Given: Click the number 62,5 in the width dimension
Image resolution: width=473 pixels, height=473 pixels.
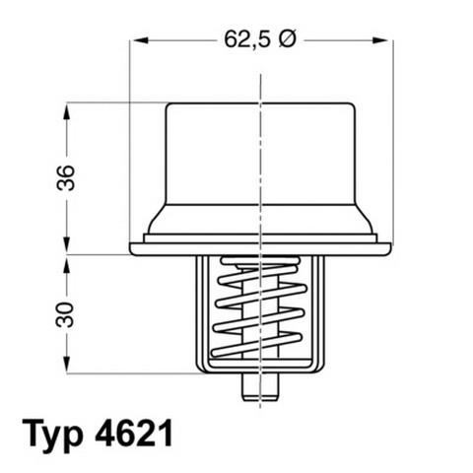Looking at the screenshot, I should (246, 41).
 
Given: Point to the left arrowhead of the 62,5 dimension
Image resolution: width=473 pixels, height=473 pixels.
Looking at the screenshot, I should (139, 41).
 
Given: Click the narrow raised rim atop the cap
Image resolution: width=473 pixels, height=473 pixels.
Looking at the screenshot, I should (258, 104).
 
